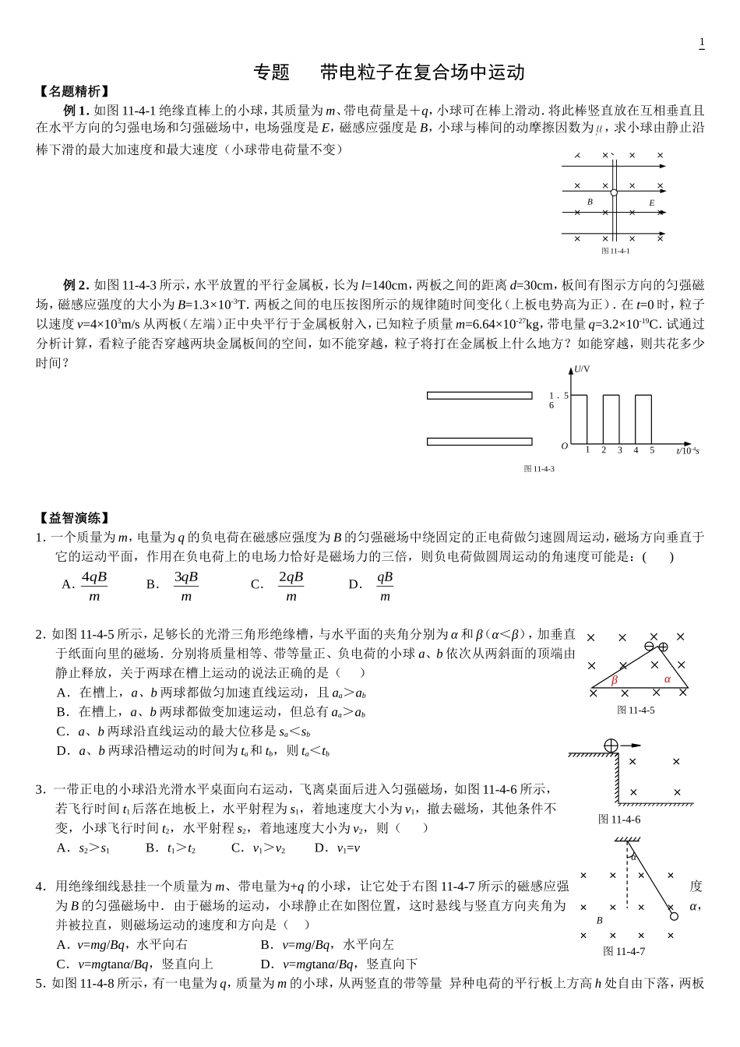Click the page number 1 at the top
pos(702,42)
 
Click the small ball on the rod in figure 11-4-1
pos(614,192)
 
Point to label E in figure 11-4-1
pos(652,203)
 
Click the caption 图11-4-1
pos(615,251)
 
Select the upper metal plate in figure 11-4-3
pos(479,396)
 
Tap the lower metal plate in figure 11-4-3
pos(479,442)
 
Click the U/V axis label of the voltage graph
pos(582,369)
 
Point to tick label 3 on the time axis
pos(620,450)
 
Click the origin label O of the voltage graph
pos(565,446)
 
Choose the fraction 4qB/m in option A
pos(94,586)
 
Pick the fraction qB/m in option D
pos(385,586)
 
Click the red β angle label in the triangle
pos(615,680)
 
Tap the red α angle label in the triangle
pos(667,679)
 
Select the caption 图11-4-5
pos(636,710)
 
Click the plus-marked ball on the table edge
pos(611,746)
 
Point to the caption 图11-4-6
pos(619,819)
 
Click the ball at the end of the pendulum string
pos(674,916)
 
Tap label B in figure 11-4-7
pos(599,920)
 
